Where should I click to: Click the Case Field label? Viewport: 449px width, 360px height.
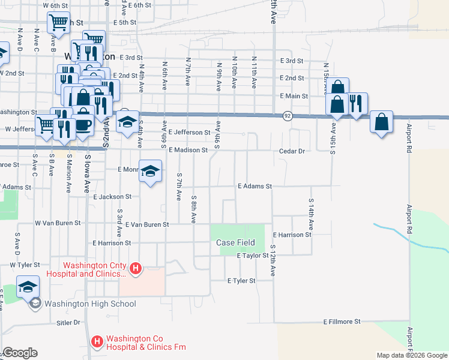[236, 243]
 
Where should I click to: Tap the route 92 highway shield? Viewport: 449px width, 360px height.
[288, 116]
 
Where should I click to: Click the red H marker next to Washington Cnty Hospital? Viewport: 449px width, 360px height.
[136, 268]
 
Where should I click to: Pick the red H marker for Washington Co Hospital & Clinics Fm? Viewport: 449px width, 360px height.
[97, 342]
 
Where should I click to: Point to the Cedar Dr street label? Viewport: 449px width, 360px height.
[294, 151]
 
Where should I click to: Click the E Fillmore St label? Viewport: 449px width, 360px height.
[342, 322]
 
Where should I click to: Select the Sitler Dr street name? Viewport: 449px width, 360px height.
[68, 322]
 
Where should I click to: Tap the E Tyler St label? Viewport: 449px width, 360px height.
[241, 280]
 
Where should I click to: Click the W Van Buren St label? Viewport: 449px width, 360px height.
[58, 223]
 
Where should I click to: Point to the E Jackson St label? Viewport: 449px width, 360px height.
[112, 196]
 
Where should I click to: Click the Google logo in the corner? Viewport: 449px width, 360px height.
[20, 353]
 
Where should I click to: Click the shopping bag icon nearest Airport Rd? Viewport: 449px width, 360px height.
[382, 121]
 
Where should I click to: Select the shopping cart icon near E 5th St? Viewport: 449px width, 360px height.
[58, 23]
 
